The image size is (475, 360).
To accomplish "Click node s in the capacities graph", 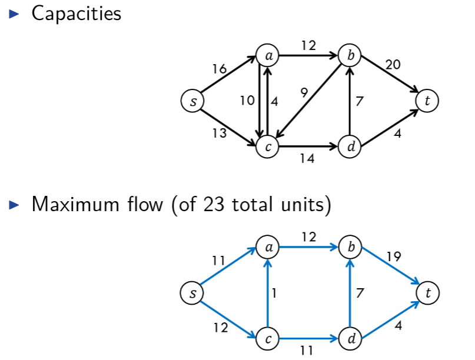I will point(192,101).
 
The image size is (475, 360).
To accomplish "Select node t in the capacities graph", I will point(427,101).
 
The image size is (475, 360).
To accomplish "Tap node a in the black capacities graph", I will point(268,56).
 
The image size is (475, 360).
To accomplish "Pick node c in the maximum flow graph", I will point(268,338).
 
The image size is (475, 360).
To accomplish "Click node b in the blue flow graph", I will point(351,248).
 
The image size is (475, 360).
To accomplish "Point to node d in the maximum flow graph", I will point(351,338).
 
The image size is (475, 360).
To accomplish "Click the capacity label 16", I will point(220,69).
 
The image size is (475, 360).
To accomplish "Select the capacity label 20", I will point(393,65).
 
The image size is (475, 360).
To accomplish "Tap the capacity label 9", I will point(304,92).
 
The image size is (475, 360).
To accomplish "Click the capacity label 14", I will point(306,158).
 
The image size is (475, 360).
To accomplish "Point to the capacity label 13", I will point(220,134).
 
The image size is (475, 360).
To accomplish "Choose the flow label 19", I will point(393,257).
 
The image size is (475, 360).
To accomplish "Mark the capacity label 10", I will point(247,101).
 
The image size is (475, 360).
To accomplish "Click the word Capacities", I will point(77,13).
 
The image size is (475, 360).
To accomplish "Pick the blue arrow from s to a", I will point(230,270).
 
